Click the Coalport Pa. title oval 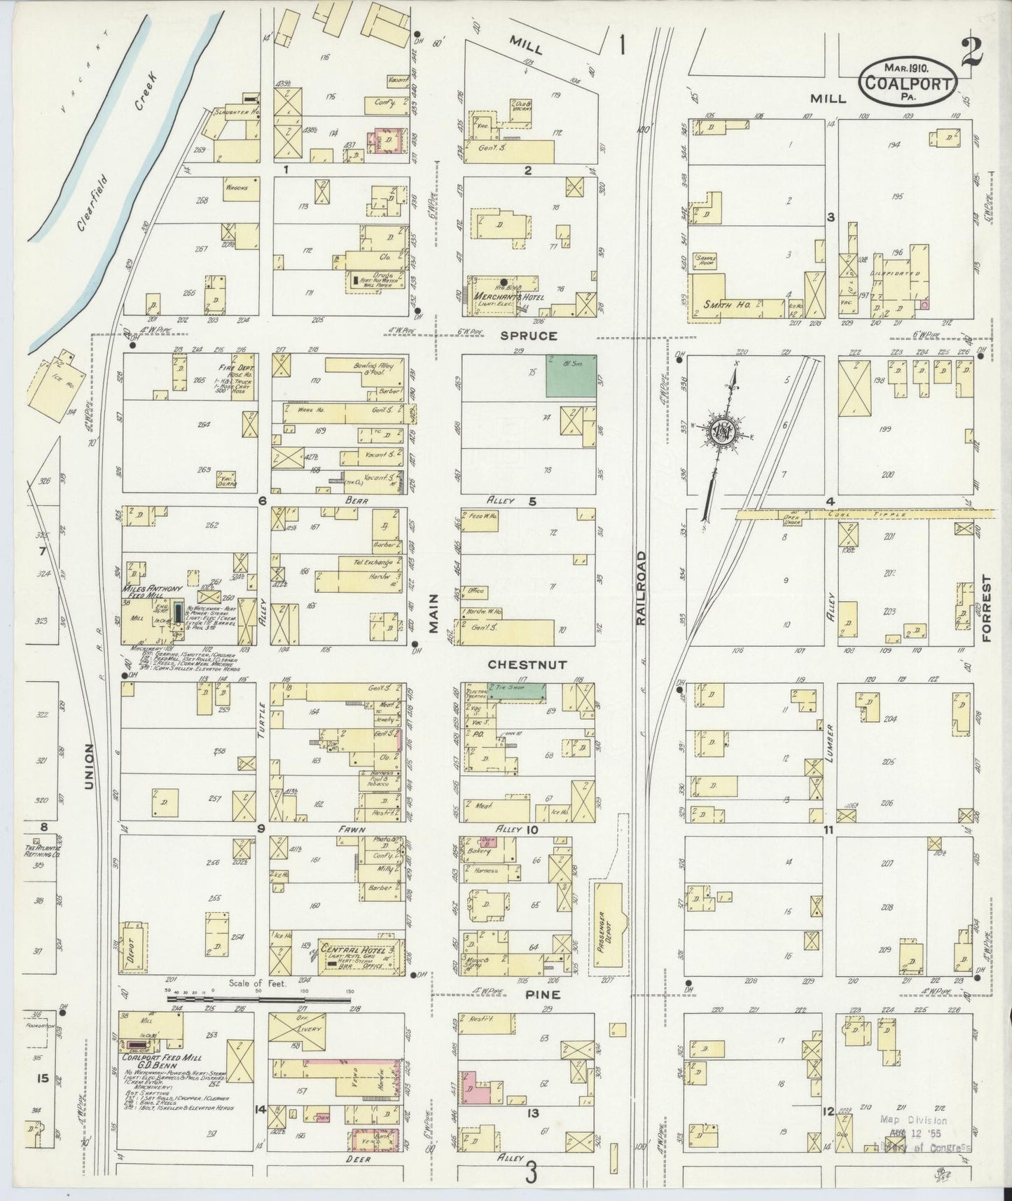coord(908,81)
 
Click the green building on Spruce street coord(571,376)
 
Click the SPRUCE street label coord(529,336)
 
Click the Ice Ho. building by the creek coord(55,382)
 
